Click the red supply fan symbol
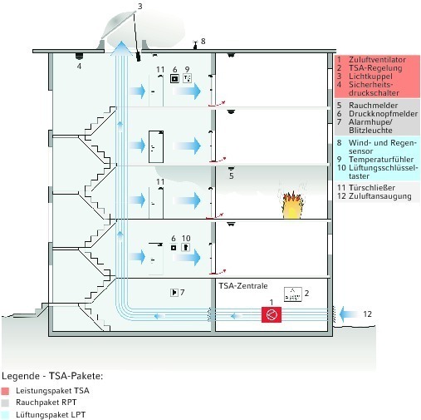(272, 314)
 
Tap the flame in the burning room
(291, 205)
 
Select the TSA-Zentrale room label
(243, 286)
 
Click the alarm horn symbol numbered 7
(174, 293)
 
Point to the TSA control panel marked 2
(292, 294)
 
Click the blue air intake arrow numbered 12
(349, 314)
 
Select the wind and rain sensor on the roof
(195, 44)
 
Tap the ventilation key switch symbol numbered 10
(185, 247)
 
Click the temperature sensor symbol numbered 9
(188, 78)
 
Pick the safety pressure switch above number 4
(79, 56)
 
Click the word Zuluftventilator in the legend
(377, 60)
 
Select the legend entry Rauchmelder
(373, 106)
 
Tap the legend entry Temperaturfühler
(381, 160)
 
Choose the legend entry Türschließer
(372, 188)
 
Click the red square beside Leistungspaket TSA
(5, 391)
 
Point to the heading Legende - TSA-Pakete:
(52, 376)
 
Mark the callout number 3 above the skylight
(140, 6)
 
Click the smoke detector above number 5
(231, 169)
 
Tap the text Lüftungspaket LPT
(51, 415)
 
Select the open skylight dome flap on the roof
(119, 24)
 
